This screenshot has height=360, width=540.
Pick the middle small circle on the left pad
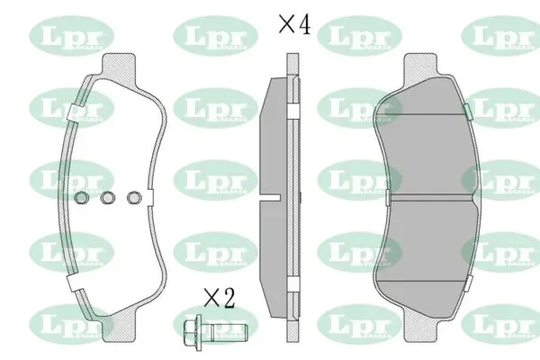[107, 199]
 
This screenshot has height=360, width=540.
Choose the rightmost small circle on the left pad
[135, 199]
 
